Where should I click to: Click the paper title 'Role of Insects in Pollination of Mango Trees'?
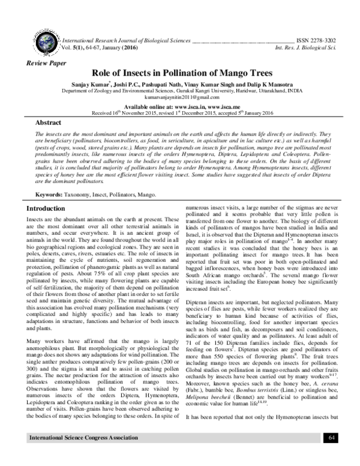(x=180, y=72)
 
